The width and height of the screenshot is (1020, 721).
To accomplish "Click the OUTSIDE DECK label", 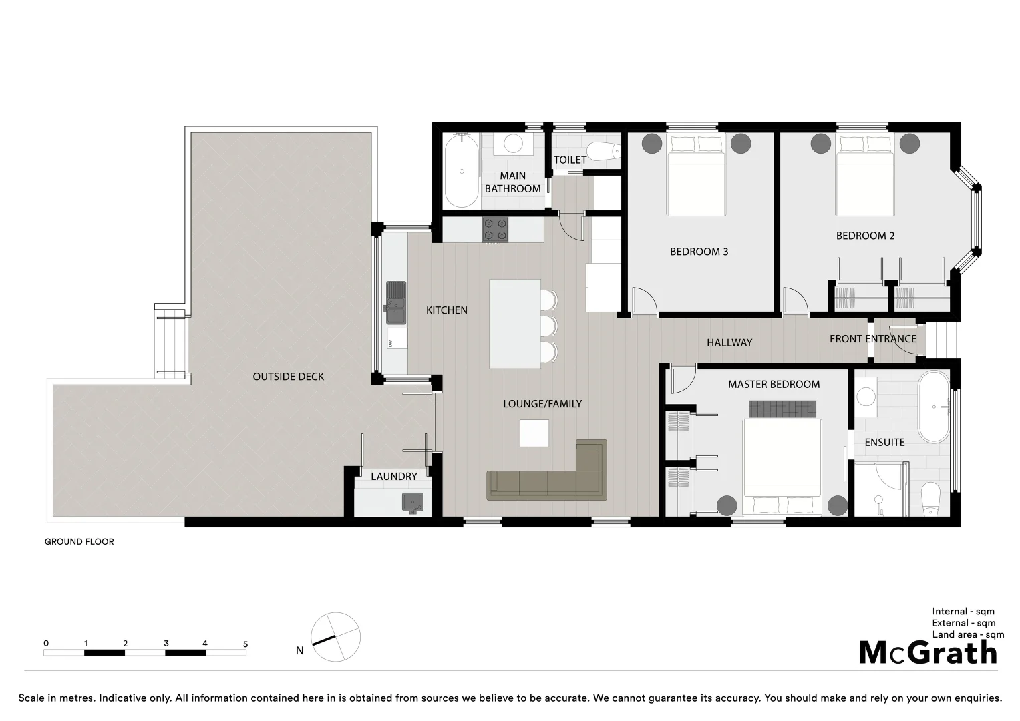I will click(x=288, y=377).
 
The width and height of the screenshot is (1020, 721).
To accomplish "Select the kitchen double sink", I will click(x=395, y=303).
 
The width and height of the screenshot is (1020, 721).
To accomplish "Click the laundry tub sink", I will click(x=413, y=502).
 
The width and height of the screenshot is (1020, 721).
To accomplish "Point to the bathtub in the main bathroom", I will click(x=462, y=172).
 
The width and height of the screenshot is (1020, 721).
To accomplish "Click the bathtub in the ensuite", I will click(x=932, y=407).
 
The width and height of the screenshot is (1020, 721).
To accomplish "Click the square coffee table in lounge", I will click(x=534, y=433).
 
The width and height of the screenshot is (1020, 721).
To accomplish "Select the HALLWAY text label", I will click(x=729, y=342).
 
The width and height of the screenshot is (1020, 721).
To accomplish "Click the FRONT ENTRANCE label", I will click(x=872, y=339).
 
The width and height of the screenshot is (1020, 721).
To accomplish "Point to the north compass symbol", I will click(x=335, y=637).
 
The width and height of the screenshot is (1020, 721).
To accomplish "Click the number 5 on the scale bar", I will click(x=245, y=644).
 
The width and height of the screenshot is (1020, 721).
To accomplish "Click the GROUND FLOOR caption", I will click(x=79, y=541).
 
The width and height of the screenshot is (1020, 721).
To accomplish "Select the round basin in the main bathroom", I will click(x=513, y=144).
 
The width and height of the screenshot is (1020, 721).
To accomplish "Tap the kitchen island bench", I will click(x=515, y=324).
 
